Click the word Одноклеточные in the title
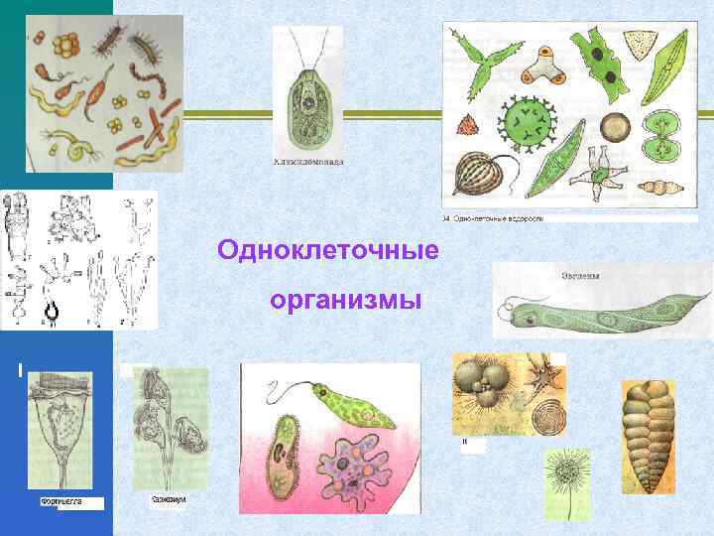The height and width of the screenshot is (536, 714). click(x=327, y=249)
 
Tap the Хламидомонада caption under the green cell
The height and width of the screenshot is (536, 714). click(x=307, y=162)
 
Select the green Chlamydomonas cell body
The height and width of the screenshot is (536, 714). click(x=308, y=109)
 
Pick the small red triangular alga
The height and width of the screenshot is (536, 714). click(x=467, y=125)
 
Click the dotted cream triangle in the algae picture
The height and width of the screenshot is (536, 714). click(x=648, y=42)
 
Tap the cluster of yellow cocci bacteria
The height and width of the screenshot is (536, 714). click(x=67, y=46)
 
